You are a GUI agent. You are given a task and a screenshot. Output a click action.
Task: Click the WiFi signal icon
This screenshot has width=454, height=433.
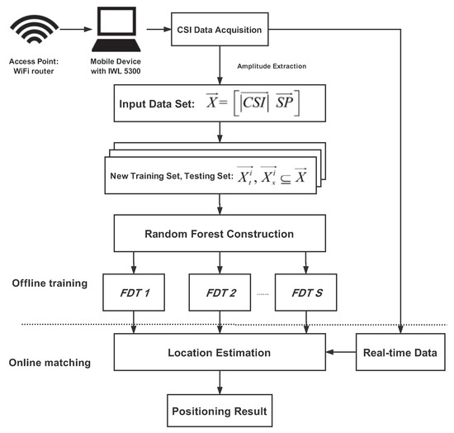coord(33,32)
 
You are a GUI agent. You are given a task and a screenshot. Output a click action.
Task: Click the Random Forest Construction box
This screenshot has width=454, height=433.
coord(219,234)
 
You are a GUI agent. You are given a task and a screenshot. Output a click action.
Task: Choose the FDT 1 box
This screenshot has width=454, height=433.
coord(135,293)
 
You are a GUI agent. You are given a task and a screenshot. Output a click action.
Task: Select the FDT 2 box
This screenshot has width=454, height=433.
coord(220,293)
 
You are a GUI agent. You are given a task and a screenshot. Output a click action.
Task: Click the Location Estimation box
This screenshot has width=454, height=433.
coord(219,353)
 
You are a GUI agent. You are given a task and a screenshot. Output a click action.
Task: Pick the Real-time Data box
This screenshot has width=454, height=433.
coord(401,353)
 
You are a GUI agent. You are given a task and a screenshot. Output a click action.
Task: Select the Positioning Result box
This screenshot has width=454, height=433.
coord(219,410)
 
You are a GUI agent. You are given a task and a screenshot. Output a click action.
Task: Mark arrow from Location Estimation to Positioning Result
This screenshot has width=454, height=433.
coord(219,382)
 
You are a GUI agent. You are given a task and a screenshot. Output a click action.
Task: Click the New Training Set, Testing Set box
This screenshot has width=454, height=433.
coord(216,176)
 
